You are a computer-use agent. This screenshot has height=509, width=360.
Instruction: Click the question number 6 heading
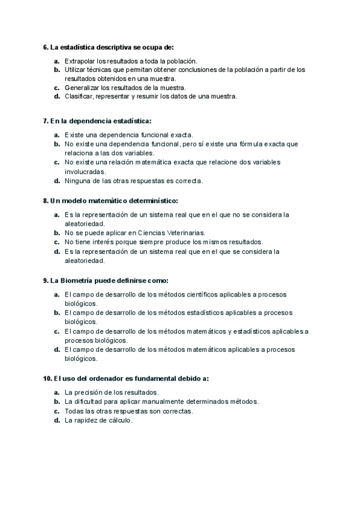46,46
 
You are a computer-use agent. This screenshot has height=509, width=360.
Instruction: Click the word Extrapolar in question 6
79,61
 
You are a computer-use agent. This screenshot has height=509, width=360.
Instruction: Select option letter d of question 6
56,96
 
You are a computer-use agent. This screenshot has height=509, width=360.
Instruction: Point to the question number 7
46,121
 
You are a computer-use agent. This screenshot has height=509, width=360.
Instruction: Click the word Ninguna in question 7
77,180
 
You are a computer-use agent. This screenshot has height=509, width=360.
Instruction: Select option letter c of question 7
56,162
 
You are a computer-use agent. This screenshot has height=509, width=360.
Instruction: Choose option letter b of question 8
56,232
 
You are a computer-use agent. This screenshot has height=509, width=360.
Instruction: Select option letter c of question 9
56,331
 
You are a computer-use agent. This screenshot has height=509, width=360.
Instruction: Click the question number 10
47,379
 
